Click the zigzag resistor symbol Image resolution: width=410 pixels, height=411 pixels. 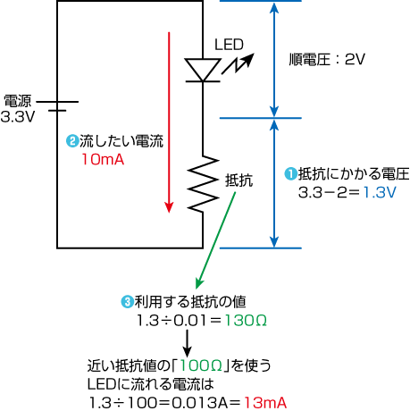click(203, 184)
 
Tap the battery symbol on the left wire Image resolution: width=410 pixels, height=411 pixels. click(57, 106)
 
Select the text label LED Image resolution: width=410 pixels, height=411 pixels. click(229, 45)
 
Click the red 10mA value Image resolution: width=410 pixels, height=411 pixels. click(103, 159)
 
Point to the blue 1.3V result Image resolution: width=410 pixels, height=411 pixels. click(380, 192)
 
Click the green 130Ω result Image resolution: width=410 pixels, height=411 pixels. click(246, 321)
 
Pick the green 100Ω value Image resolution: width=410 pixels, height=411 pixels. click(201, 365)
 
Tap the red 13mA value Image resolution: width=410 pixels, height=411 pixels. click(265, 403)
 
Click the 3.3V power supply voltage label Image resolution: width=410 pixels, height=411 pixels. click(18, 116)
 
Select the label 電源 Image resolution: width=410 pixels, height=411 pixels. click(18, 101)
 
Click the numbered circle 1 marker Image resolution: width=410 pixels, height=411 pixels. click(291, 173)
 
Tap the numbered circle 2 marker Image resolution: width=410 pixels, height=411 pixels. click(72, 141)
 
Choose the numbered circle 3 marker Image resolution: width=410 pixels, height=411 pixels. click(127, 302)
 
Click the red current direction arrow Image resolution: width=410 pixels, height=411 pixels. click(169, 122)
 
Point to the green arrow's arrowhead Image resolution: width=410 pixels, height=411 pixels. click(199, 283)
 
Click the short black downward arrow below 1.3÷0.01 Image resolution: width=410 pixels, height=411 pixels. click(187, 343)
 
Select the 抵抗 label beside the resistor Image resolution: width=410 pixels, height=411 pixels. click(239, 180)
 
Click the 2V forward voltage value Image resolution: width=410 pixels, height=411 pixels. click(355, 59)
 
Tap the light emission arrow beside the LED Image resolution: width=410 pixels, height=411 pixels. click(238, 63)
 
